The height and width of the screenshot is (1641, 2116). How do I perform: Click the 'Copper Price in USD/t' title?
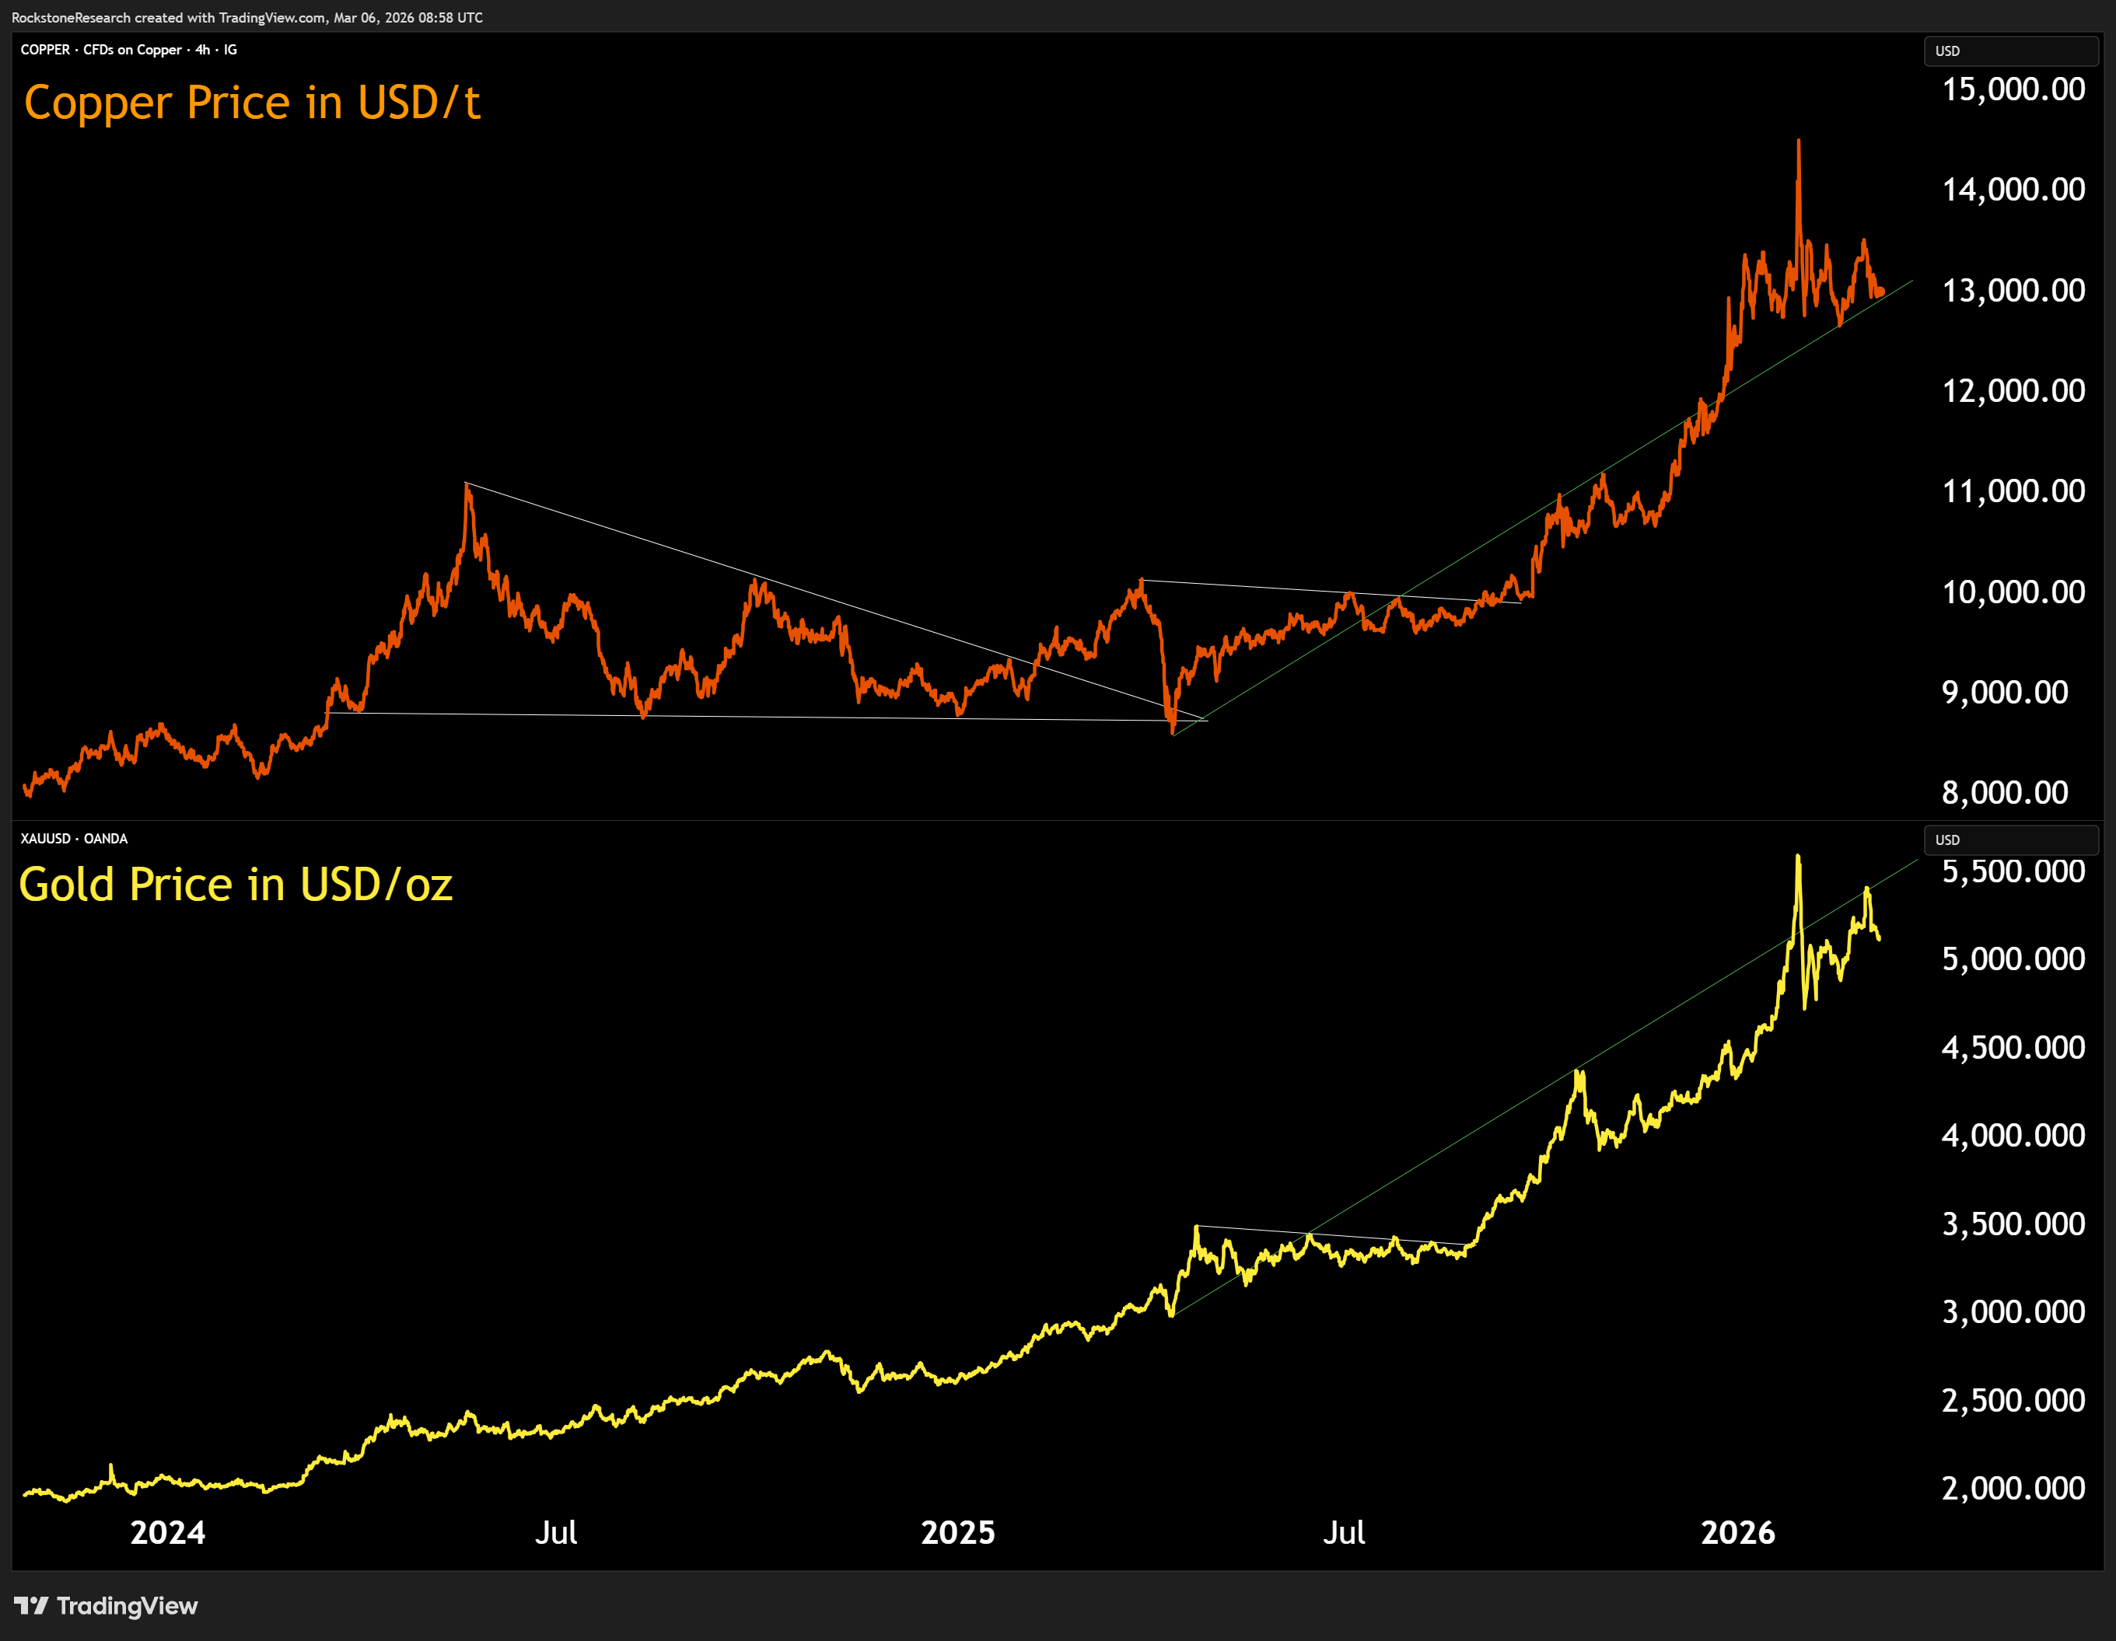(252, 103)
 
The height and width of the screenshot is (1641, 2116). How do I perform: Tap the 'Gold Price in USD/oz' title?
(236, 885)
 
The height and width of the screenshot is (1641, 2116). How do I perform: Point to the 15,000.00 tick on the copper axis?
(2013, 90)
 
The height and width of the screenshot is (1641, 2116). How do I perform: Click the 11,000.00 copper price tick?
(2013, 492)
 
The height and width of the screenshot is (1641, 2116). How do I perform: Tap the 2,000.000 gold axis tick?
(2013, 1488)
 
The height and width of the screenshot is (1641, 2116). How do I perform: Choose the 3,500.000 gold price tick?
(2013, 1224)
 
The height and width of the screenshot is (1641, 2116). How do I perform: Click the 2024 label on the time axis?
(168, 1532)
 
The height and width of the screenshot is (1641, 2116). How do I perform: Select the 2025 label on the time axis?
(957, 1532)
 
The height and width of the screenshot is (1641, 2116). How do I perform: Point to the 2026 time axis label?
(1737, 1532)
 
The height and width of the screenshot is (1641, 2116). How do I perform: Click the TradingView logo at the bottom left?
(107, 1606)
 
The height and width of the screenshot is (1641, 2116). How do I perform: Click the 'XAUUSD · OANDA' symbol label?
(75, 839)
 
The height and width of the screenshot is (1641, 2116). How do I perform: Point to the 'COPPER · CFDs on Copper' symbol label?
(101, 50)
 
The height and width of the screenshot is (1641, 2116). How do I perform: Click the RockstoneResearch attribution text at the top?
(247, 17)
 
